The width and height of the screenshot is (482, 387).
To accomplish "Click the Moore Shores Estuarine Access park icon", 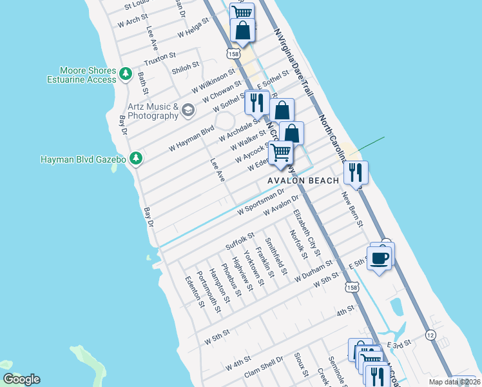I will [x=126, y=75].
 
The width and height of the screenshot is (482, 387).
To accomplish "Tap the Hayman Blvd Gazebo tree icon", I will [x=135, y=158].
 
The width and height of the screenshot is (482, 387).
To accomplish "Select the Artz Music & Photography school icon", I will [x=188, y=111].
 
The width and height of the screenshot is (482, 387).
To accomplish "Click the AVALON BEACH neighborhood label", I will [x=303, y=181].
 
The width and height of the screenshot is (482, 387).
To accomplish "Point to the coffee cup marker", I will [x=380, y=259].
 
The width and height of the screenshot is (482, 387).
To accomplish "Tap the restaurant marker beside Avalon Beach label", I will [x=355, y=172].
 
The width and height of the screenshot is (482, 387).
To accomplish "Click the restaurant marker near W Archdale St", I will [x=256, y=103].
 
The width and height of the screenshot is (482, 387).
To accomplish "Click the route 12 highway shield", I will [x=430, y=335].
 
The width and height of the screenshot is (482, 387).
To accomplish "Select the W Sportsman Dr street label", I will [x=260, y=201].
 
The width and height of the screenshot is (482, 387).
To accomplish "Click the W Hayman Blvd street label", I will [x=191, y=138].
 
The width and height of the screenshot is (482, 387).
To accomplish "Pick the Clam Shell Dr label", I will [x=264, y=365].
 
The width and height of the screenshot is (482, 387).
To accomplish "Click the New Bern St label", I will [x=352, y=208].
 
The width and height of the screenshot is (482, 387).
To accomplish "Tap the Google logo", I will [x=22, y=379].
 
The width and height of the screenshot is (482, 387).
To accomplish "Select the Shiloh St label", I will [x=186, y=68].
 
